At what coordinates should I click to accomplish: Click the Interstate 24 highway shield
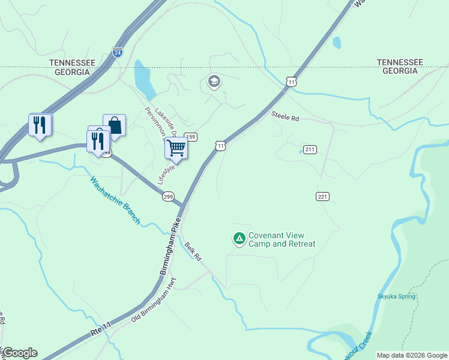tap(118, 52)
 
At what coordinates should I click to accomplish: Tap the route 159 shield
tap(191, 137)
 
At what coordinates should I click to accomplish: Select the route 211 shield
tap(310, 149)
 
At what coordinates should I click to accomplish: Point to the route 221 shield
tap(322, 196)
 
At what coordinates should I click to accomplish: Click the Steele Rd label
tap(285, 116)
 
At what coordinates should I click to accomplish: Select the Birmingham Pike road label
tap(170, 247)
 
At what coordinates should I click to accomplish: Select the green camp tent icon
tap(240, 239)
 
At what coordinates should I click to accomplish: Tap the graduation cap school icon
tap(214, 81)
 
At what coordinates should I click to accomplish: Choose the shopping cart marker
tap(176, 147)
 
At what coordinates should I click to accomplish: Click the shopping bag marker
tap(114, 126)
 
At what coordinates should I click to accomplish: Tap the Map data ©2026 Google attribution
tap(412, 355)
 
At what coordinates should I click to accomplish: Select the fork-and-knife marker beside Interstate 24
tap(40, 125)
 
